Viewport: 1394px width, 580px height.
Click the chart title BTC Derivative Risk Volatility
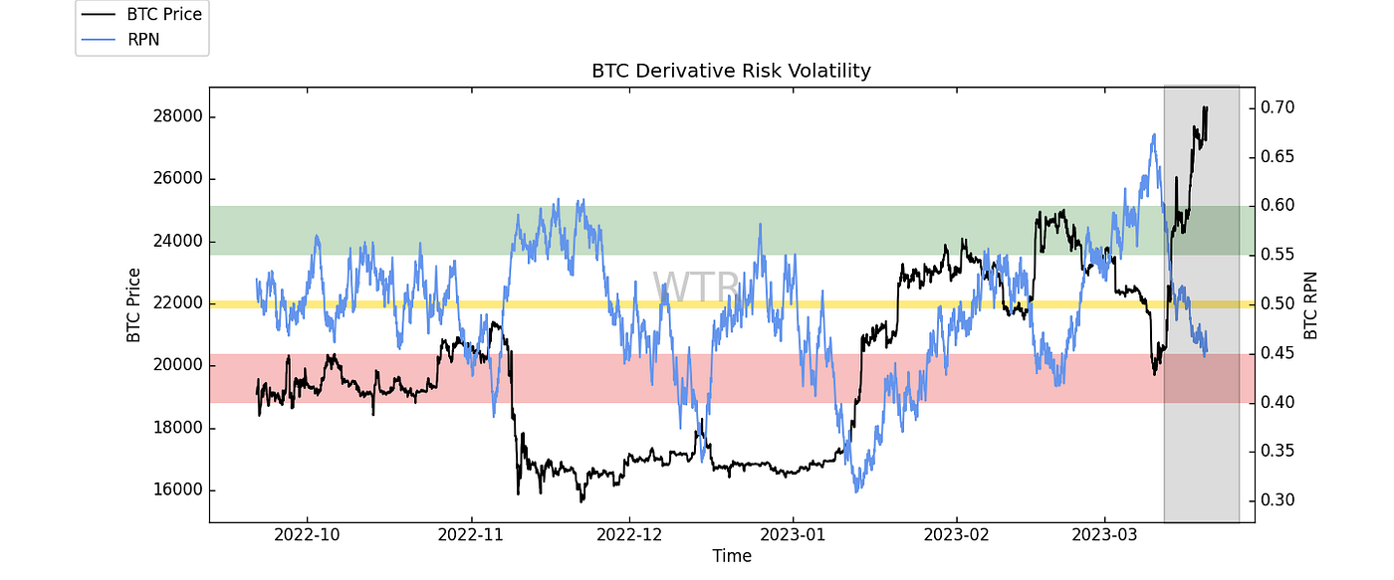pyautogui.click(x=731, y=71)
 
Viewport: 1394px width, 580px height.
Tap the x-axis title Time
pyautogui.click(x=731, y=556)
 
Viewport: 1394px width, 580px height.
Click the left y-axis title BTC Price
pyautogui.click(x=133, y=305)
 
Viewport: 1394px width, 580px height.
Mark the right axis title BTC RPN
pyautogui.click(x=1311, y=305)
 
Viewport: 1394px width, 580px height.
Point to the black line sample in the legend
pyautogui.click(x=99, y=14)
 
